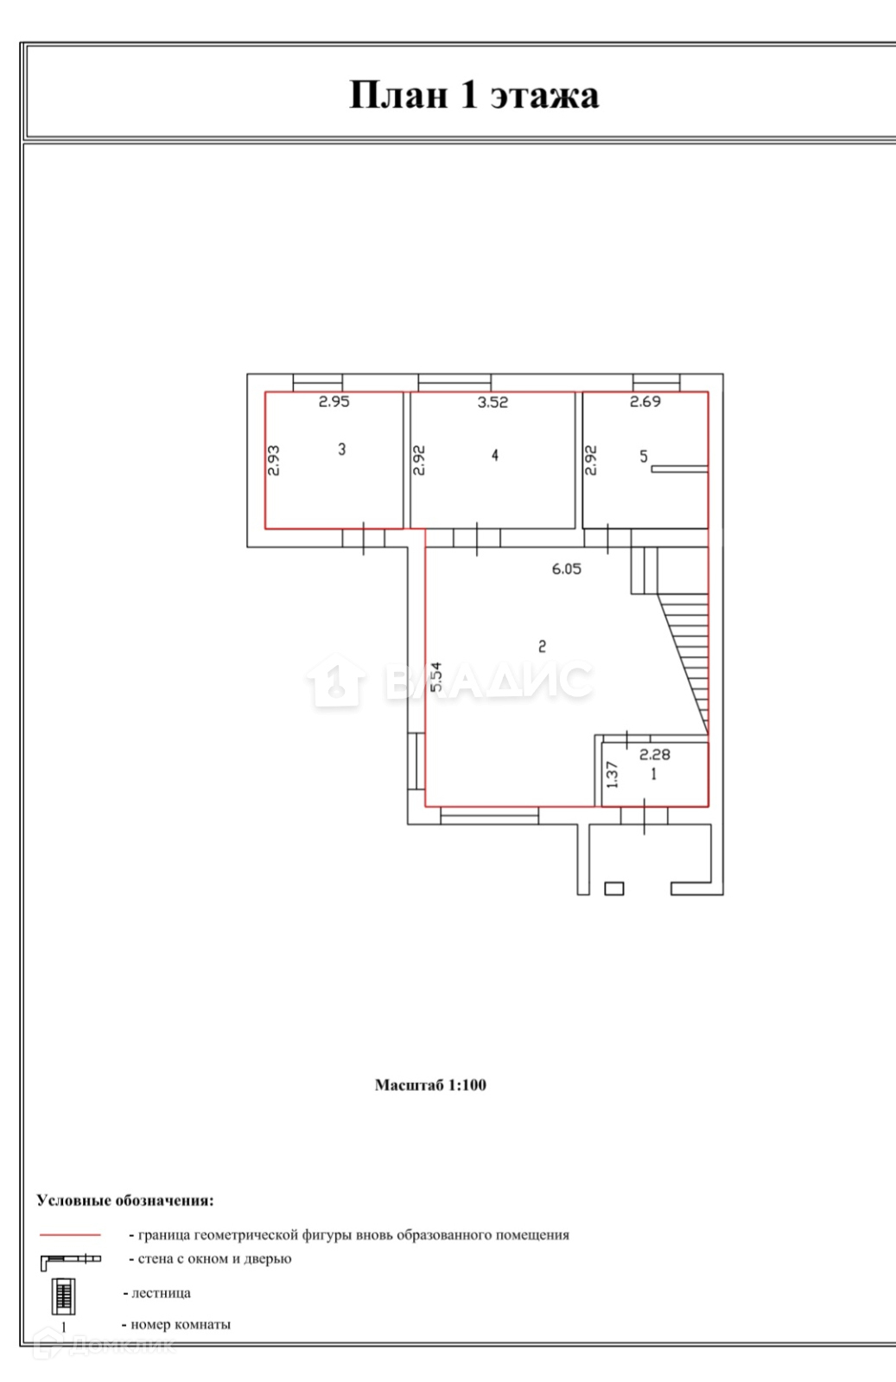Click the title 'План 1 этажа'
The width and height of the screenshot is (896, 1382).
coord(473,95)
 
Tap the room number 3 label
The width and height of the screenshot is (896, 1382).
coord(342,449)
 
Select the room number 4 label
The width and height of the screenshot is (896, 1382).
coord(495,455)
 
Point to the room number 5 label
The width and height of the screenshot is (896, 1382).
coord(644,457)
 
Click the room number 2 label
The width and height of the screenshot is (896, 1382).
coord(542,647)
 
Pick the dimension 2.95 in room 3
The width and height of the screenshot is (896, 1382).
coord(334,402)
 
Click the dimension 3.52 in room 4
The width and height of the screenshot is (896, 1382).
coord(492,403)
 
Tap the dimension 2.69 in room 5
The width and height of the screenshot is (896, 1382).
coord(645,402)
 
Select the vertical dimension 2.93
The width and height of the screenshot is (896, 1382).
coord(274,460)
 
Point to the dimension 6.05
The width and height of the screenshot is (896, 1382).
coord(567,569)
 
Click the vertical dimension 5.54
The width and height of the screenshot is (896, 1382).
coord(435,677)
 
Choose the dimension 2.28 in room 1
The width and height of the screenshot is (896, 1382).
coord(655,754)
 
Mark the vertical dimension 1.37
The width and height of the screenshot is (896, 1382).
coord(612,775)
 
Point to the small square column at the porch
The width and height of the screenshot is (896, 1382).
coord(614,889)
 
